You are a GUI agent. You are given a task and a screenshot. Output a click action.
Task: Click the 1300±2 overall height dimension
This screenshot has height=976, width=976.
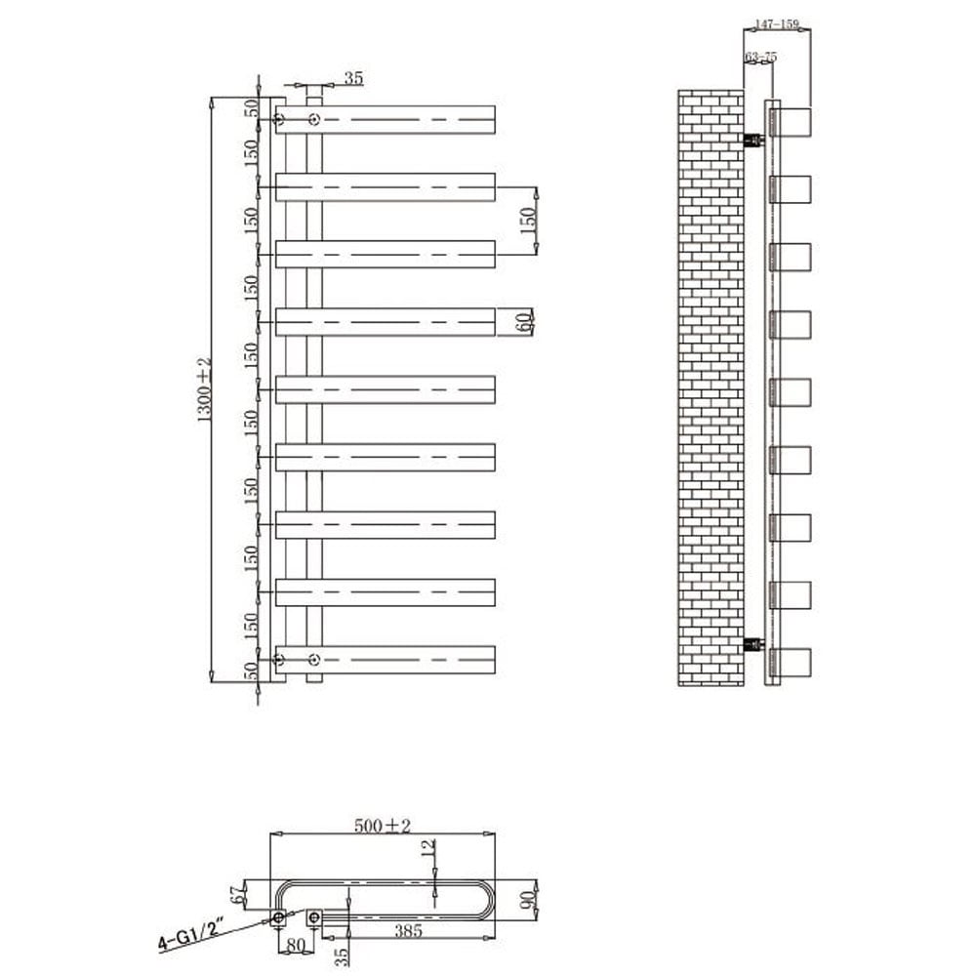click(x=204, y=388)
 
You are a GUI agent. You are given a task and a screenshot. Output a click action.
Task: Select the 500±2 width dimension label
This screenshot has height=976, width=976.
click(x=384, y=826)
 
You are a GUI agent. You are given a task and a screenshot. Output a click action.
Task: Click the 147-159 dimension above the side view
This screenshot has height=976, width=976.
click(x=777, y=24)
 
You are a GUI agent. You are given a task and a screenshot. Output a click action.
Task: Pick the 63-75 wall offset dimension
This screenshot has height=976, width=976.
click(x=760, y=58)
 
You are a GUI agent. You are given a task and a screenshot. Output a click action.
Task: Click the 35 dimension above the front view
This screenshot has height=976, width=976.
click(x=353, y=77)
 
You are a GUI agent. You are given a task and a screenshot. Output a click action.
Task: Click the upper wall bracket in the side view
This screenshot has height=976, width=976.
click(x=752, y=140)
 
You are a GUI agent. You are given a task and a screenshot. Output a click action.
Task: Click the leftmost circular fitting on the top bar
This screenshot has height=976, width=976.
click(x=279, y=120)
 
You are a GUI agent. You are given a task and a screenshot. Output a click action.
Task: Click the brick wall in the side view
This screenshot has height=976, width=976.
click(x=711, y=390)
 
